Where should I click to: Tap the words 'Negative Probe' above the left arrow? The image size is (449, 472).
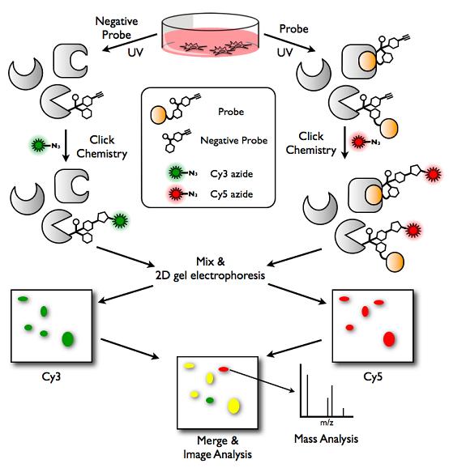click(117, 28)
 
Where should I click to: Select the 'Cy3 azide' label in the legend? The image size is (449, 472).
click(232, 174)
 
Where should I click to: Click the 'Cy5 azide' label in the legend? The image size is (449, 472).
click(232, 194)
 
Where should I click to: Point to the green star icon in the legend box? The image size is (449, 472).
click(175, 172)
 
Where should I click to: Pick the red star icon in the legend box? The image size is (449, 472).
click(175, 193)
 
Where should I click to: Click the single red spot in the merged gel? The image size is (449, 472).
click(224, 369)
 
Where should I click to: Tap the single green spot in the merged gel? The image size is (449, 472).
click(210, 401)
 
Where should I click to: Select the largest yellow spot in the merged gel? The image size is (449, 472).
click(233, 406)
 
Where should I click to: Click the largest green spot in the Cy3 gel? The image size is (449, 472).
click(68, 339)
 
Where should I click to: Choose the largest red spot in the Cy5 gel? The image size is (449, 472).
click(389, 339)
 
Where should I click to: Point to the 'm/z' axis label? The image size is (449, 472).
click(327, 423)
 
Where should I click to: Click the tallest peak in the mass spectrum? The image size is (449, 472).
click(301, 390)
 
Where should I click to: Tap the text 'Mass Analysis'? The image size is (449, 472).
click(326, 439)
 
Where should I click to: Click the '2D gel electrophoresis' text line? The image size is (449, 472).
click(210, 275)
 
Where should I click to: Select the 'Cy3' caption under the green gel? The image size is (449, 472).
click(51, 376)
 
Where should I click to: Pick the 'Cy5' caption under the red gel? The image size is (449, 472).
click(373, 376)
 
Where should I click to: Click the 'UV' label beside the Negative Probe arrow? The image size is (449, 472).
click(135, 53)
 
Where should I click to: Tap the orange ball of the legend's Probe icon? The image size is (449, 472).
click(158, 115)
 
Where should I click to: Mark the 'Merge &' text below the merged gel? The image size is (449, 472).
click(217, 440)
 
